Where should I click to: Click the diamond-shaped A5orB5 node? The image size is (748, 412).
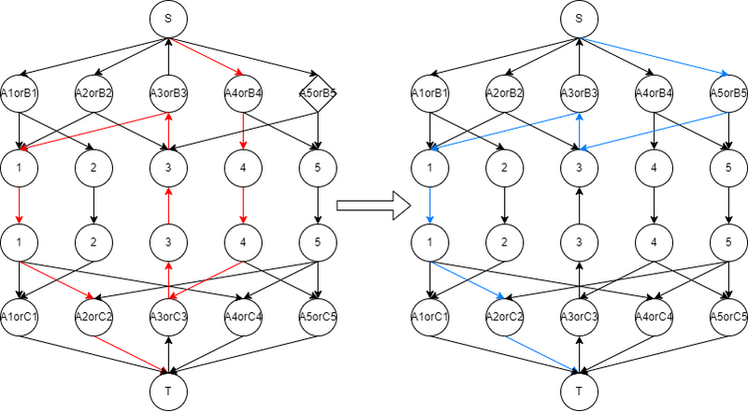point(318,93)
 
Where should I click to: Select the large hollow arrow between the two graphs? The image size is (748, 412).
point(373,206)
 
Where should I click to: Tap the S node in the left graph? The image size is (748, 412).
point(168,19)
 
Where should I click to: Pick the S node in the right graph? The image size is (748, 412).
point(579,19)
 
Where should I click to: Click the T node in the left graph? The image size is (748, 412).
point(168,391)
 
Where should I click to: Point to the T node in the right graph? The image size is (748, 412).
point(579,391)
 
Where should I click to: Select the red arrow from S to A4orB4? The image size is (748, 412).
point(206,56)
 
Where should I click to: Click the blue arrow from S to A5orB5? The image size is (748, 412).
point(654,56)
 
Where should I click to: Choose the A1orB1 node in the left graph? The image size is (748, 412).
point(19,93)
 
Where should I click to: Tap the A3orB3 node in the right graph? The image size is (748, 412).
point(579,93)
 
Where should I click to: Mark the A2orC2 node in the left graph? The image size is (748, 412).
point(93,317)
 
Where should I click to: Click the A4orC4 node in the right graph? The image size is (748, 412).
point(654,317)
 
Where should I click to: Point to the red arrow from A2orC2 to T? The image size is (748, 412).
point(131,354)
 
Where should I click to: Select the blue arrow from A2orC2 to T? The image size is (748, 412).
point(542,354)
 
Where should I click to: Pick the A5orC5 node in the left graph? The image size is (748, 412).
point(318,317)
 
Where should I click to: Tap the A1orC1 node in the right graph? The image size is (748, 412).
point(430,317)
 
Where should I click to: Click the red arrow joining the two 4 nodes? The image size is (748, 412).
point(243,205)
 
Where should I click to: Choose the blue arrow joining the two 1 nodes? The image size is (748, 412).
point(430,205)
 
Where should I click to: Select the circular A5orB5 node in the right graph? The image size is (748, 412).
point(728,93)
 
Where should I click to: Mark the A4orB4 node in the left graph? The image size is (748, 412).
point(243,93)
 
